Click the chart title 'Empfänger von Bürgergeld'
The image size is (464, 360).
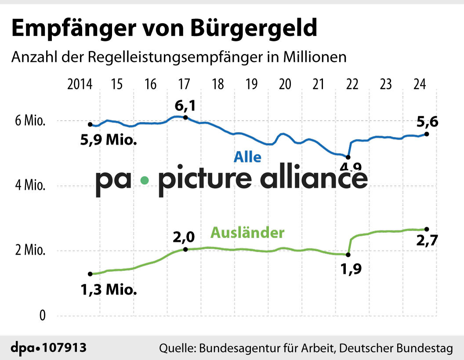[x=164, y=29]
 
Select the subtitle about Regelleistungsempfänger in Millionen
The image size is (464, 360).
[x=179, y=58]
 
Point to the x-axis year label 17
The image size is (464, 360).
[x=184, y=84]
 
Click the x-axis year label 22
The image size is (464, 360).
[x=352, y=84]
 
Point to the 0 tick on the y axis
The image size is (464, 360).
[x=42, y=316]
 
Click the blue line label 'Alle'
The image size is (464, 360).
[x=247, y=157]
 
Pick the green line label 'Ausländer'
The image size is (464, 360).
[x=247, y=232]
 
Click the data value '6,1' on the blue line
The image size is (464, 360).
[x=185, y=106]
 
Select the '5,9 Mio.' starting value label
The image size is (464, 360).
[x=108, y=141]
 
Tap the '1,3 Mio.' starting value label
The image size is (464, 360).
[x=108, y=290]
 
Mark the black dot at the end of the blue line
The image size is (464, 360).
[x=427, y=134]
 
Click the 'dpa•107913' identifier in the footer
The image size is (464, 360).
[x=49, y=348]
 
